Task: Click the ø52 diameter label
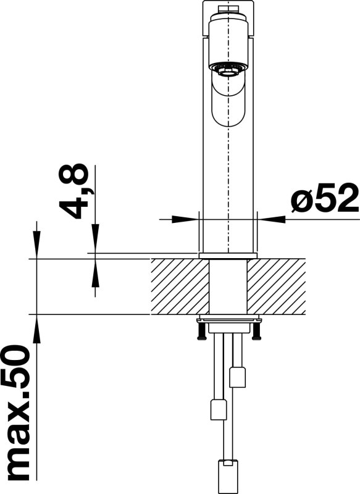324,198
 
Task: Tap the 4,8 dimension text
73,191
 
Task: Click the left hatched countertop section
180,287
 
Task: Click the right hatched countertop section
276,287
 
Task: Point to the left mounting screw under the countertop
201,331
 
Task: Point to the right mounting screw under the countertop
257,331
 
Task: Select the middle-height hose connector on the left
219,409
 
